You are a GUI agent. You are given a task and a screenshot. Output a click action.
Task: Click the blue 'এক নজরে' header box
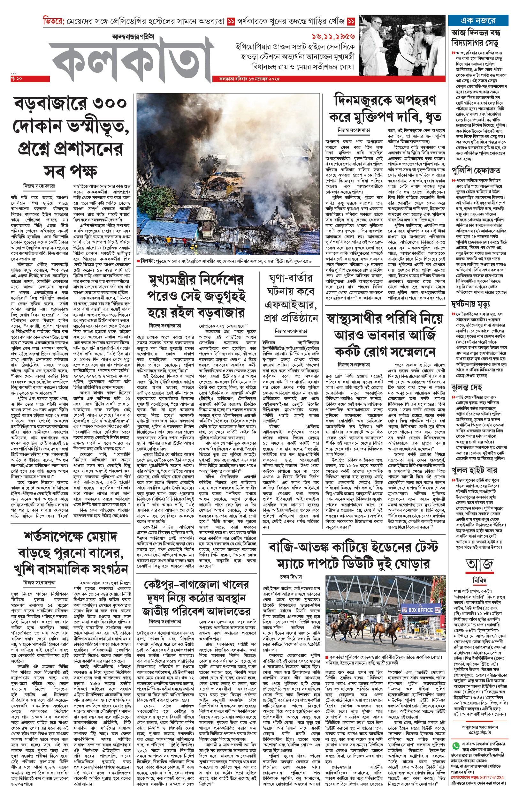(478, 20)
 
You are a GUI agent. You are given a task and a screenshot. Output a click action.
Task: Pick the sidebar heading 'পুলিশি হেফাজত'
(476, 170)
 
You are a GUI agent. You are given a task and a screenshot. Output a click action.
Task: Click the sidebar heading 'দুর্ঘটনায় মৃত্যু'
(470, 304)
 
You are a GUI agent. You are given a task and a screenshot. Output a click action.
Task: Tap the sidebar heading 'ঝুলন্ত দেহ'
(467, 387)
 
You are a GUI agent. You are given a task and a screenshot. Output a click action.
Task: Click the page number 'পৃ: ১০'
(16, 79)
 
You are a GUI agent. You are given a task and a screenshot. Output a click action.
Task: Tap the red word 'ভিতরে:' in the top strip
(53, 21)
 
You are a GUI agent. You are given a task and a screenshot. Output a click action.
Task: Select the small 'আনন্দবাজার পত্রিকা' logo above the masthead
(133, 37)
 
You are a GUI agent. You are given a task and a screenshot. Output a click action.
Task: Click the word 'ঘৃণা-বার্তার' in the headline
(290, 278)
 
